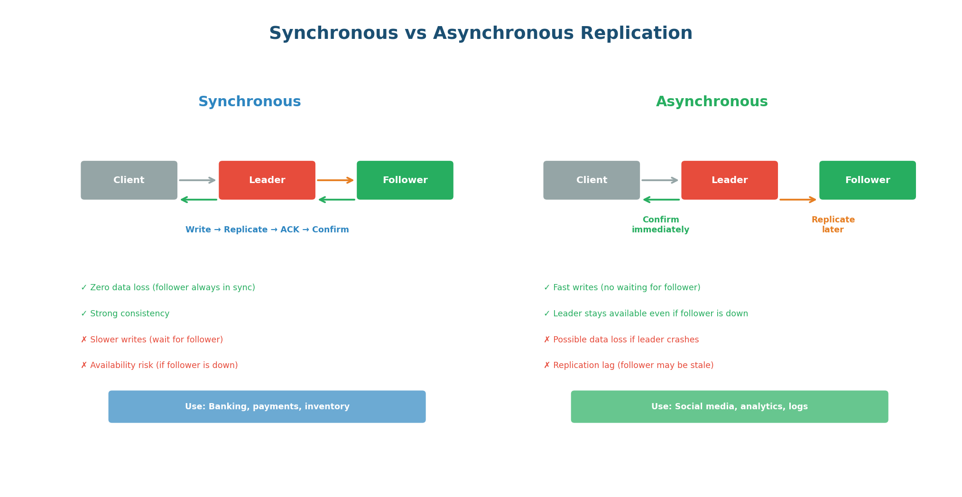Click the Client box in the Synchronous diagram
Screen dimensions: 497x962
pos(129,180)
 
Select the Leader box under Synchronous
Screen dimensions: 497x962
pos(267,180)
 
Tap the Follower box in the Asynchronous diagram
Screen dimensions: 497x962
pos(867,180)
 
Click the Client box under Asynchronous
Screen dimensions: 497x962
pos(592,180)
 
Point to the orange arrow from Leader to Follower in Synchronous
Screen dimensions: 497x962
pos(335,180)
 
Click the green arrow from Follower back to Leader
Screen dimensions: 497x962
pos(337,200)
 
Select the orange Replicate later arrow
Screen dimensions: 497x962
pos(798,200)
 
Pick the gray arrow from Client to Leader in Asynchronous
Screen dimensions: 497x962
pos(660,180)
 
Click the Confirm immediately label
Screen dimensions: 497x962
pos(660,225)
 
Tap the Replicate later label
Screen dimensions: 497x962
pos(833,225)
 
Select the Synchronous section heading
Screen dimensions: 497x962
pos(250,102)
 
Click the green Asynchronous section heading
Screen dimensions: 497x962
pos(712,102)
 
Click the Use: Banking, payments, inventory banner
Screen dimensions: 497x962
pos(267,407)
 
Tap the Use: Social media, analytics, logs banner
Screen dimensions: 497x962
pos(729,407)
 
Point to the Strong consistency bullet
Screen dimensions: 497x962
pos(125,314)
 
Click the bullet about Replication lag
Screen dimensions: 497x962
pos(629,366)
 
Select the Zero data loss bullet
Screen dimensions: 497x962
pos(168,288)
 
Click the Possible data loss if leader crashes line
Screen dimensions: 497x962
pos(621,340)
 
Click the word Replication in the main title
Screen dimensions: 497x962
pos(636,34)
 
